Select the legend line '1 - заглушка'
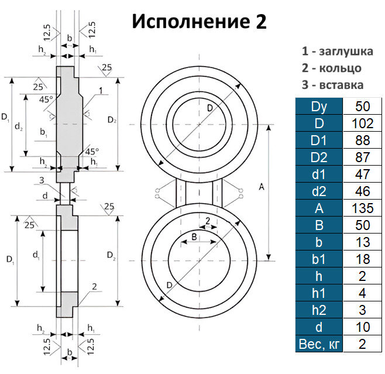pyautogui.click(x=337, y=51)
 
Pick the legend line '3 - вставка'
pyautogui.click(x=332, y=85)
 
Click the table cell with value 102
pyautogui.click(x=363, y=123)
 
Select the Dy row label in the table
pyautogui.click(x=318, y=107)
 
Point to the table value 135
pyautogui.click(x=363, y=208)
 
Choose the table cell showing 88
pyautogui.click(x=363, y=140)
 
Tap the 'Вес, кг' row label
pyautogui.click(x=318, y=344)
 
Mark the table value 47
pyautogui.click(x=363, y=174)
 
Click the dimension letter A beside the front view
pyautogui.click(x=261, y=187)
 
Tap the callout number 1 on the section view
pyautogui.click(x=101, y=91)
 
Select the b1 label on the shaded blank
pyautogui.click(x=44, y=133)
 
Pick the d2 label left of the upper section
pyautogui.click(x=19, y=125)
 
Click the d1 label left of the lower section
pyautogui.click(x=36, y=255)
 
